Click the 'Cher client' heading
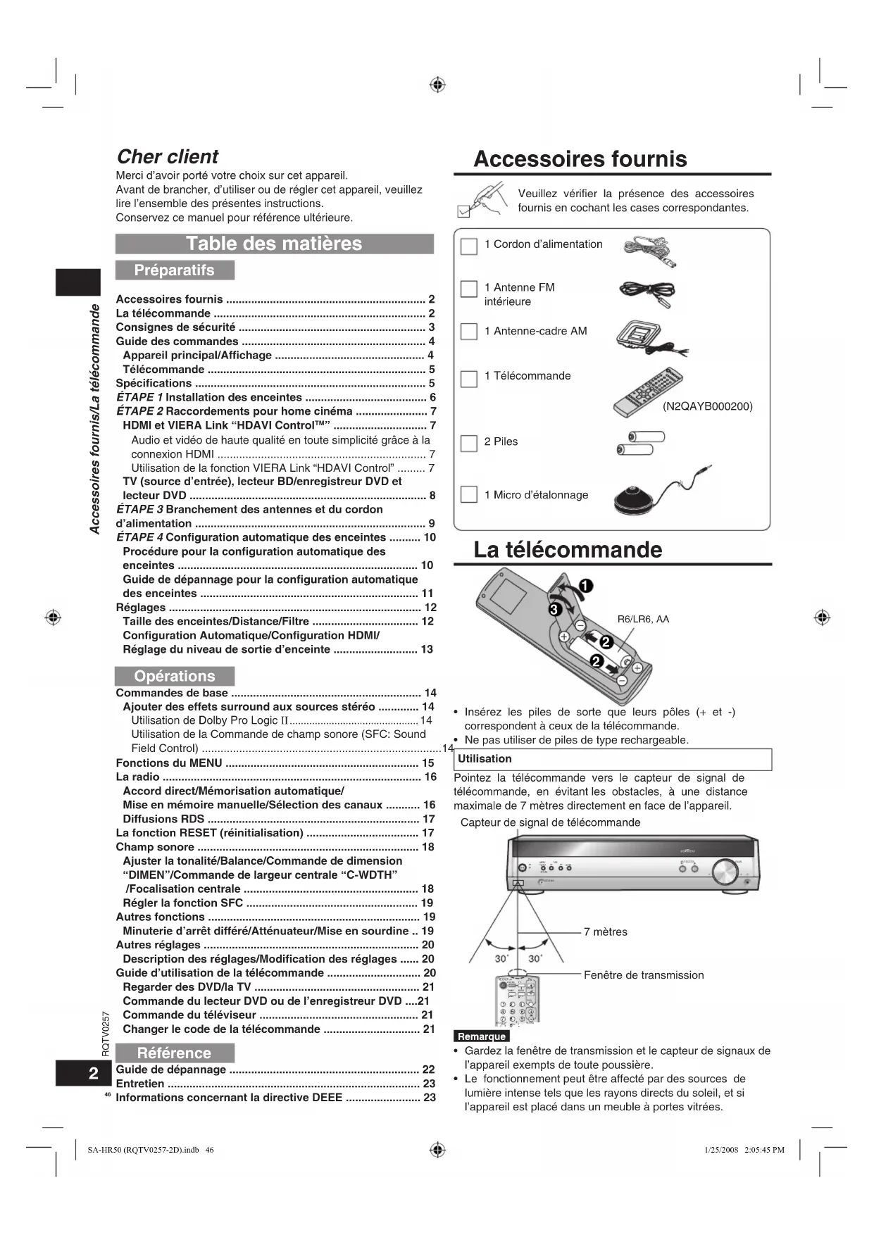(167, 156)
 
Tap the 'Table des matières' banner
(274, 244)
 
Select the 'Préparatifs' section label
(174, 270)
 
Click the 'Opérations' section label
(174, 676)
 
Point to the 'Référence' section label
(174, 1053)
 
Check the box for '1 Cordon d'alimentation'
(469, 246)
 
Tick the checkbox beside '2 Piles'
(469, 443)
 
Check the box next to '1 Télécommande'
(469, 379)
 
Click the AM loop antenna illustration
(644, 338)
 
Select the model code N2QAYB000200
(707, 406)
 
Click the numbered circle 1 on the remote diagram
(585, 586)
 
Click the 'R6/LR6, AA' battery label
(643, 619)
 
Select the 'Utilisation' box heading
(485, 759)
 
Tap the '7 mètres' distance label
(605, 932)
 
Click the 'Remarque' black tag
(482, 1036)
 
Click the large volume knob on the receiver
(725, 871)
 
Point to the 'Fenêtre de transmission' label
(643, 974)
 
